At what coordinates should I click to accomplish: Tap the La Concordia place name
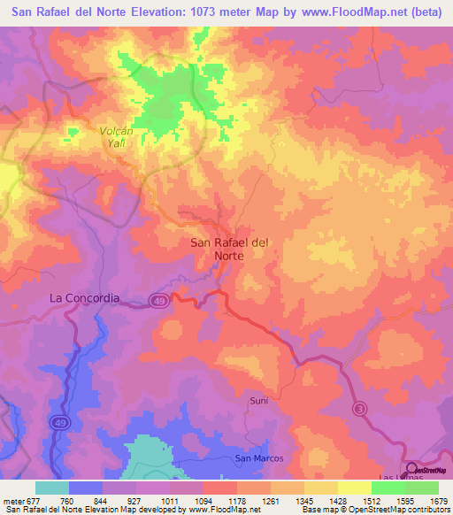[x=83, y=298]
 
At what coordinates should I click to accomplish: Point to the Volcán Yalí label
[x=111, y=136]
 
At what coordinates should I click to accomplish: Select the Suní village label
[x=258, y=401]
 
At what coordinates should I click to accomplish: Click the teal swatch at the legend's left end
[x=51, y=488]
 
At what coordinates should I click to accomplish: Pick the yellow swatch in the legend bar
[x=354, y=488]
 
